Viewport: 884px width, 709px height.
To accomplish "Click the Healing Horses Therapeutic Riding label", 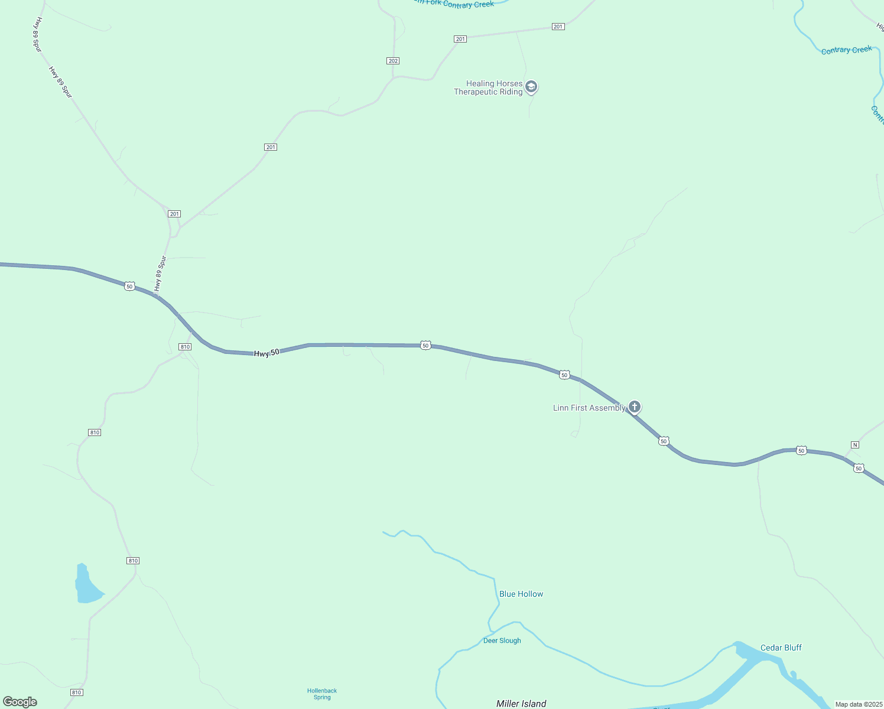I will tap(488, 87).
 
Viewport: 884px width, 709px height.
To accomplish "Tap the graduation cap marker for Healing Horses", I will tap(531, 87).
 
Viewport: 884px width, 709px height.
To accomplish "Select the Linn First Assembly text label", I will tap(589, 408).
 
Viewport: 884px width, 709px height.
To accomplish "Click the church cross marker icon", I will tap(634, 406).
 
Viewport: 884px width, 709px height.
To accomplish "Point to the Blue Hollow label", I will tap(521, 594).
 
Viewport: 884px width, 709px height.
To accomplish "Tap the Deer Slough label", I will tap(502, 640).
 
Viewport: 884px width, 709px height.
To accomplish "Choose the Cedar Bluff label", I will tap(781, 648).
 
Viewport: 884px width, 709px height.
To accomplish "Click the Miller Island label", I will tap(521, 703).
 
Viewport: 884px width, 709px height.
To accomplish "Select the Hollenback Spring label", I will tap(322, 694).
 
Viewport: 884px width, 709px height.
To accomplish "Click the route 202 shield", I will tap(393, 61).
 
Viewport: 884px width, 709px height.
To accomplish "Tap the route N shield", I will tap(854, 444).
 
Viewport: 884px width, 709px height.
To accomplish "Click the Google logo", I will tap(20, 702).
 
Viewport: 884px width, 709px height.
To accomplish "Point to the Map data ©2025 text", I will tap(859, 704).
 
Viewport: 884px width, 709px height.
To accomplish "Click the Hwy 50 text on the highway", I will tap(266, 353).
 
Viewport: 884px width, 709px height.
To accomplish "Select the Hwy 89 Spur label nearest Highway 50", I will tap(160, 274).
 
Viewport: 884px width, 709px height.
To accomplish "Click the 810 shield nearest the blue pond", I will tap(133, 561).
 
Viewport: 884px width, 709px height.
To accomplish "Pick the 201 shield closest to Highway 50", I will tap(174, 214).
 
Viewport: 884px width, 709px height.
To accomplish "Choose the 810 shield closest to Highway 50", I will tap(185, 347).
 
